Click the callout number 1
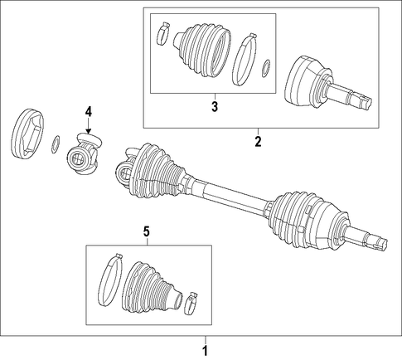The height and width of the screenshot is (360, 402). click(x=205, y=351)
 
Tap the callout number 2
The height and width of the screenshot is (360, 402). click(x=258, y=142)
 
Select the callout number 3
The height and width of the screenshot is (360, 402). click(x=215, y=107)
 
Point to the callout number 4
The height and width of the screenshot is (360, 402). click(x=89, y=112)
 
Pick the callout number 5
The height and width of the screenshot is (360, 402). click(x=147, y=231)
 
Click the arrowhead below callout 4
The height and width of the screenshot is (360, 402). click(x=89, y=132)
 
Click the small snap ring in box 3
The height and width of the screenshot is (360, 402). click(x=266, y=68)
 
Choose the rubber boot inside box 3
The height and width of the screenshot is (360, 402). click(x=201, y=50)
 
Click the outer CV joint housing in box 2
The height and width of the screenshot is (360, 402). click(x=307, y=81)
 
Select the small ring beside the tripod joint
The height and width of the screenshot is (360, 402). click(x=56, y=144)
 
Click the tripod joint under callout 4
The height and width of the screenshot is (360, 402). click(x=85, y=154)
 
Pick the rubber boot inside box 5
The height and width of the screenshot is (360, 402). click(x=152, y=289)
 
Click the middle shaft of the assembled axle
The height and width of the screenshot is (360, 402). click(x=230, y=194)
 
